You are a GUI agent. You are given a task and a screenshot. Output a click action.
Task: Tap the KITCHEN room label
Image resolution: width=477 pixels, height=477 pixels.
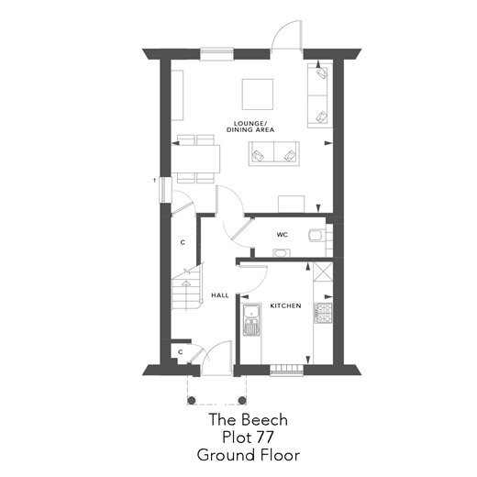[284, 305]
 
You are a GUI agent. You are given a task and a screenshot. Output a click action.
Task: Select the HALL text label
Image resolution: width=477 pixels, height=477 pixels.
[219, 295]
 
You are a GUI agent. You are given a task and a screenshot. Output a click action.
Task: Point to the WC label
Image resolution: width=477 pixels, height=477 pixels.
[282, 235]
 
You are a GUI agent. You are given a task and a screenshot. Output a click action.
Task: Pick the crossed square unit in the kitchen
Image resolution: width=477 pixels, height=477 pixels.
[321, 272]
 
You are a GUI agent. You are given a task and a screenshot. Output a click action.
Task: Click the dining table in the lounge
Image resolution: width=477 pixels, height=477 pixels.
[195, 158]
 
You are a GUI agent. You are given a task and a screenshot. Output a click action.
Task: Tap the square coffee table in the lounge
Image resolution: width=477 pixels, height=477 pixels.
[257, 94]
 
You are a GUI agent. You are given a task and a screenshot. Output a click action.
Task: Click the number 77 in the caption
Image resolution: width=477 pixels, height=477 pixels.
[274, 437]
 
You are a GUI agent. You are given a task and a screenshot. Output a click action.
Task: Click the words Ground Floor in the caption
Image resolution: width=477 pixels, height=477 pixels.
[248, 454]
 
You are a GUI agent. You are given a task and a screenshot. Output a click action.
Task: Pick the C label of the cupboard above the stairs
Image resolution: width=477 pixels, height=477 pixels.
[183, 242]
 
